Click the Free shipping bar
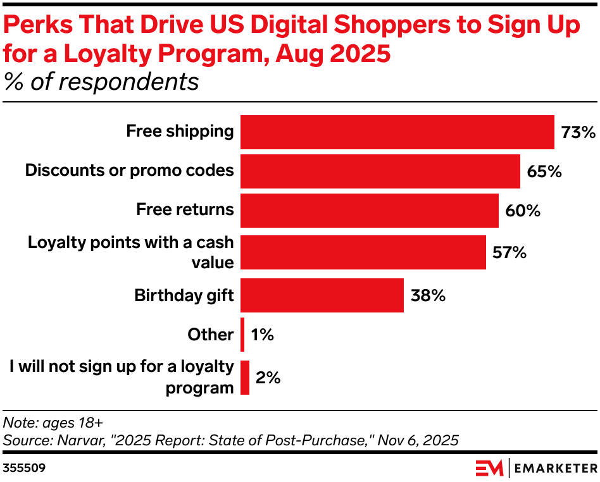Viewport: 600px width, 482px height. pos(397,132)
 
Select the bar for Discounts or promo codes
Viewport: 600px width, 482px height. pos(380,171)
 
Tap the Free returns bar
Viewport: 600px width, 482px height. pos(370,211)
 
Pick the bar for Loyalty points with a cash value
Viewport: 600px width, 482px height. pos(363,252)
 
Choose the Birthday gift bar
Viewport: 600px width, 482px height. pos(322,295)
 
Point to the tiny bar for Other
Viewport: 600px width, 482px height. pos(242,335)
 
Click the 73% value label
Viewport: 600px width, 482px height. pos(578,133)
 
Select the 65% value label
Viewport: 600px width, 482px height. pos(544,171)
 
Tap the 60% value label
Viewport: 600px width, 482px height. pos(523,211)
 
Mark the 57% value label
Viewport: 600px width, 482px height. pos(509,252)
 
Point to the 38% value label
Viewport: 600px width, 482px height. pos(428,295)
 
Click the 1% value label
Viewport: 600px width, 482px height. pos(262,335)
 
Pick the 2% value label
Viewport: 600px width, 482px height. pos(268,378)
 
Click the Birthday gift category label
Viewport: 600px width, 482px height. pos(184,295)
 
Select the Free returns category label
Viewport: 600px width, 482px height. pos(185,210)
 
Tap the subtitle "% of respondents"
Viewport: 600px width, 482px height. pos(101,82)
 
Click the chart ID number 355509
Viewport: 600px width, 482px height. pos(23,469)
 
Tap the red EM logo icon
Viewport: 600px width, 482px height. pos(489,468)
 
